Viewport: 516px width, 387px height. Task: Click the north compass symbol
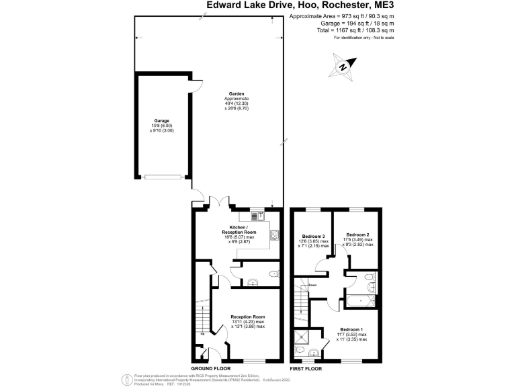[344, 66]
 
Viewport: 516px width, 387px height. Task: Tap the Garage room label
[161, 121]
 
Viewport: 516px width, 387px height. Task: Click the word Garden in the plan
[236, 94]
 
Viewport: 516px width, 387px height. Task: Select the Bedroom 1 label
[352, 329]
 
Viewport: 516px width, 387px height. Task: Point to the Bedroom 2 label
[356, 236]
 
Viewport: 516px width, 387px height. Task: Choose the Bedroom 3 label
[314, 236]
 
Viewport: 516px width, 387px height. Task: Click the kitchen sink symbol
[259, 216]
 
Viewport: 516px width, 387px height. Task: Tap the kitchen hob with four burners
[273, 236]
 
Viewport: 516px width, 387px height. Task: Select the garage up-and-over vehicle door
[163, 177]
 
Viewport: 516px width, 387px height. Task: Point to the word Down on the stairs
[312, 286]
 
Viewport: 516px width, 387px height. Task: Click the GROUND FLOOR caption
[212, 369]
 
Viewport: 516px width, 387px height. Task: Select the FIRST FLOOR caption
[305, 369]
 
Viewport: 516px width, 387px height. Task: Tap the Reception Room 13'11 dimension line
[248, 322]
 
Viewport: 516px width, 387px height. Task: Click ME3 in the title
[380, 6]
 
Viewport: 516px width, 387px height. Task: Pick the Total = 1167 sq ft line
[355, 30]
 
